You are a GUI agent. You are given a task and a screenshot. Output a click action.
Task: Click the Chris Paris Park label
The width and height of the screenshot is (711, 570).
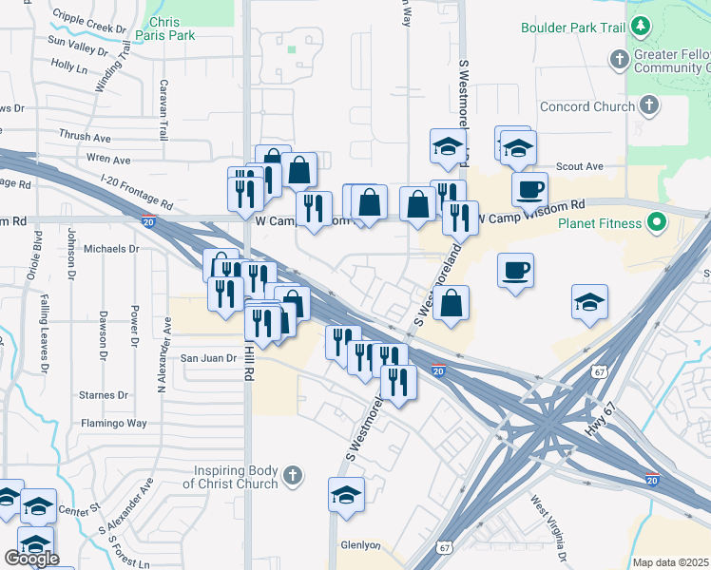[173, 28]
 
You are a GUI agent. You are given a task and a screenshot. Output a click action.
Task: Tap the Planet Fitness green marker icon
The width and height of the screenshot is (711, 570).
[655, 224]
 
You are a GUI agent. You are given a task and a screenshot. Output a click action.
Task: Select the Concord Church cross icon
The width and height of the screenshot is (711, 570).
[649, 106]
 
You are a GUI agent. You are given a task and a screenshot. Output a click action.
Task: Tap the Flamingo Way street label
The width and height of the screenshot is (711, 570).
[113, 423]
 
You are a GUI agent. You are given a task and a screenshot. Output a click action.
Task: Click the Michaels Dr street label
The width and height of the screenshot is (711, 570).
[111, 249]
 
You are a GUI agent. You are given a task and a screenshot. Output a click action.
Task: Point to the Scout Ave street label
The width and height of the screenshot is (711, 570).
[580, 166]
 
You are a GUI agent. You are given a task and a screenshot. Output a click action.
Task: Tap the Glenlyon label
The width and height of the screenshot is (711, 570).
[360, 545]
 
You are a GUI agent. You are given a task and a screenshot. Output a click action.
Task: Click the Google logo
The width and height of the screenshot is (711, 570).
[31, 558]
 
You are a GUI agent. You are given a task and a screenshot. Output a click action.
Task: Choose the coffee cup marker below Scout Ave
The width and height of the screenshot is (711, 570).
[529, 189]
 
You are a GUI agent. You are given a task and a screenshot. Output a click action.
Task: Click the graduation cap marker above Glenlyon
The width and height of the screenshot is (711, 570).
[346, 495]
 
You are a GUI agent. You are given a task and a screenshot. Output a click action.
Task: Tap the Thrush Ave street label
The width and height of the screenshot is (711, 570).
[85, 137]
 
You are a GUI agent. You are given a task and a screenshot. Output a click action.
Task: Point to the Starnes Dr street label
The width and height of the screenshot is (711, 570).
[104, 394]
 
